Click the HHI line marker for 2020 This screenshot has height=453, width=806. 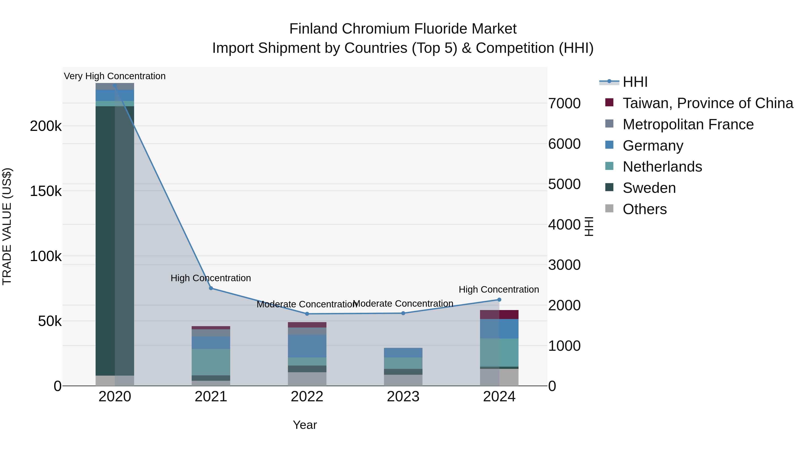coord(115,86)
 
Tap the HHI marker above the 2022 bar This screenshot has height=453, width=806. coord(307,314)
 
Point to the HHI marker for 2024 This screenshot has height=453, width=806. coord(499,300)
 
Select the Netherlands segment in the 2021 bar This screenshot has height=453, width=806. coord(211,362)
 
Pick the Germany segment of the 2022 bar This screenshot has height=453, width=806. coord(307,346)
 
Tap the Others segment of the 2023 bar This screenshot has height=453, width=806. coord(403,380)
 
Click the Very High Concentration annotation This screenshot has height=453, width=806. coord(115,76)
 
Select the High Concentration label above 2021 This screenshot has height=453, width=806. coord(211,278)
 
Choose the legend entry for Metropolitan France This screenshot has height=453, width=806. coord(688,124)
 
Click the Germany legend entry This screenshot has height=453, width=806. coord(653,146)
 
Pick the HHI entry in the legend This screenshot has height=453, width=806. coord(635,82)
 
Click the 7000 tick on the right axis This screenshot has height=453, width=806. coord(564,104)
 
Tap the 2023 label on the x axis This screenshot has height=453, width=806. coord(403,397)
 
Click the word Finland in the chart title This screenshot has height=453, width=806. coord(313,29)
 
